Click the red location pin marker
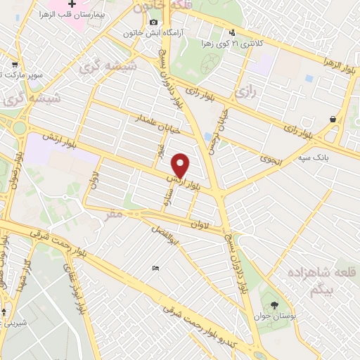(x=181, y=165)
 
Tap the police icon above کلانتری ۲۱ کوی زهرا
(x=233, y=32)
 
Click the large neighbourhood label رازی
(x=245, y=91)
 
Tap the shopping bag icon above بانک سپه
(x=333, y=120)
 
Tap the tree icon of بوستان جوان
(x=274, y=305)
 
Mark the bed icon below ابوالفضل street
(x=155, y=268)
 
